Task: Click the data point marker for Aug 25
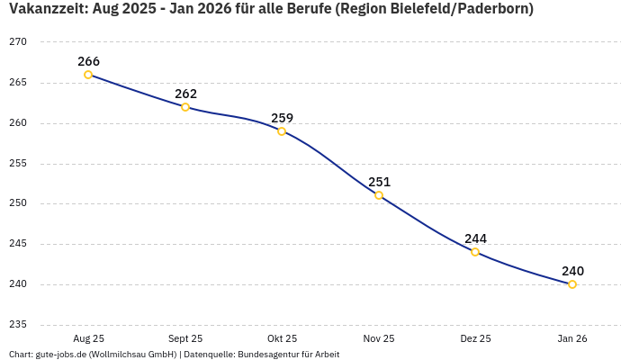88,75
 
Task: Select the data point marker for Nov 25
379,195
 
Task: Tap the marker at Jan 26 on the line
572,284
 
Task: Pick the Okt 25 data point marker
282,131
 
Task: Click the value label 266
88,61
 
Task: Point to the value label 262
185,94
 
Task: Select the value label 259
282,118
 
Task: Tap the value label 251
379,182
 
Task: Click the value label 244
475,238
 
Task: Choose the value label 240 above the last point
572,271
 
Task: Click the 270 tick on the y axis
18,42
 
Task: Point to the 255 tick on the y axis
18,164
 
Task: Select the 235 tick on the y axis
18,325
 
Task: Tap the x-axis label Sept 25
185,338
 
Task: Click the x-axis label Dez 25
475,338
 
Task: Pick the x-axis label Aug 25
88,338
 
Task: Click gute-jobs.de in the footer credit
59,355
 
